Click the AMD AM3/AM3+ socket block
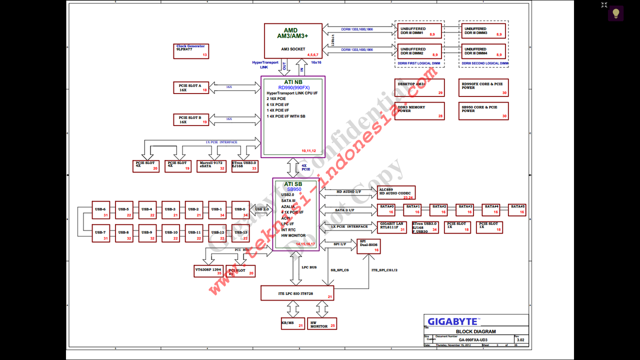293,40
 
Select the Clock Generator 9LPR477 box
191,51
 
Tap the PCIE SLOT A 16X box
190,88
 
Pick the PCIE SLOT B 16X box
190,119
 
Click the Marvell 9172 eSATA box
211,166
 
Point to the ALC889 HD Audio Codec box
396,192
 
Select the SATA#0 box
387,209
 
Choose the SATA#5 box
517,209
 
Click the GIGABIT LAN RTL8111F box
392,227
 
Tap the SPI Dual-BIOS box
369,246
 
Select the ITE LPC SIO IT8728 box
297,293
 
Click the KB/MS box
292,323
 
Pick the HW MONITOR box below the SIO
322,323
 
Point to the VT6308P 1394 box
208,270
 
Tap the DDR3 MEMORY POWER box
419,111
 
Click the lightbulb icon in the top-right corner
615,13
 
